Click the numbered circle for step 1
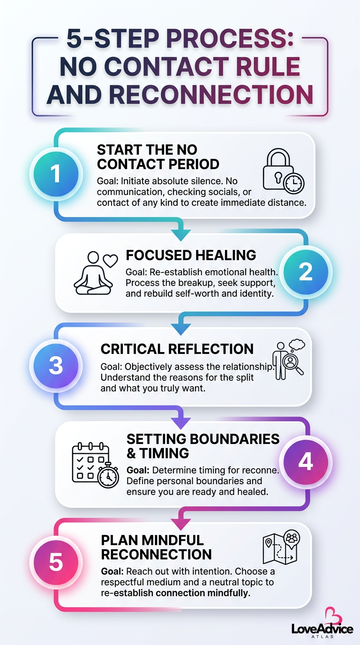[56, 174]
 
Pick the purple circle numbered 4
[306, 462]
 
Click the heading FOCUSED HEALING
[191, 255]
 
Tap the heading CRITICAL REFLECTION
[177, 349]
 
